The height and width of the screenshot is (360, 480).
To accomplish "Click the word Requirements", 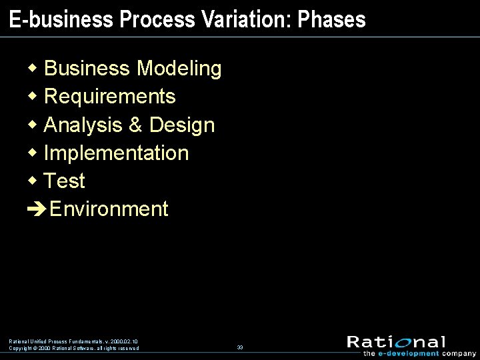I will tap(109, 97).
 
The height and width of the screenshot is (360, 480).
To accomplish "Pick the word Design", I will tap(182, 125).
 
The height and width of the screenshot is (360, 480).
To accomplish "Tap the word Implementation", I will tap(116, 153).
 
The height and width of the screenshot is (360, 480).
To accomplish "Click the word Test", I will tap(64, 181).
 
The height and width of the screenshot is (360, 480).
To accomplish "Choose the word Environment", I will tap(109, 209).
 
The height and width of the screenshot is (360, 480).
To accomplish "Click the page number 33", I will tap(240, 347).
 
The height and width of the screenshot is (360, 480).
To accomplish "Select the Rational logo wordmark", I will tap(396, 342).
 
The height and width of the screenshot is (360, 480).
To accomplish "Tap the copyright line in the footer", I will tap(74, 348).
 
